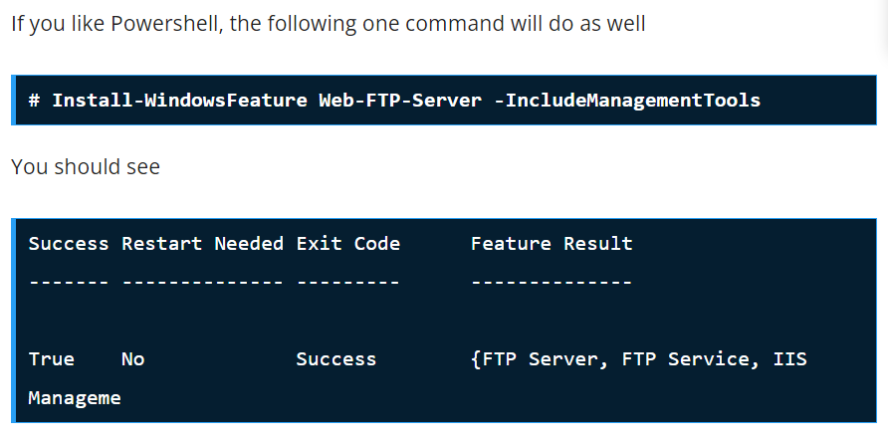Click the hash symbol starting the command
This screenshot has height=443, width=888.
34,100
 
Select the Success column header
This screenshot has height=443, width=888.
69,243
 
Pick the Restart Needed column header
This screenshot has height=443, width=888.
202,243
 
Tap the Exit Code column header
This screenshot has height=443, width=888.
347,243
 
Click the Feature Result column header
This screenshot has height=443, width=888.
552,243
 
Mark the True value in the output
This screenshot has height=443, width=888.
51,358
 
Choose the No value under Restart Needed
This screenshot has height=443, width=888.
132,358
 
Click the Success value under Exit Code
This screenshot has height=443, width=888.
335,358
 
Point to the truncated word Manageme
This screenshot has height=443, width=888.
75,397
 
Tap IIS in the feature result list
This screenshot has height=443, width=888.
789,358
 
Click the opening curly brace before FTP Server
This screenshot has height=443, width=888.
475,358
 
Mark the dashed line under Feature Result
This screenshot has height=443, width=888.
552,283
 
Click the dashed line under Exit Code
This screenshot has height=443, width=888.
347,283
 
